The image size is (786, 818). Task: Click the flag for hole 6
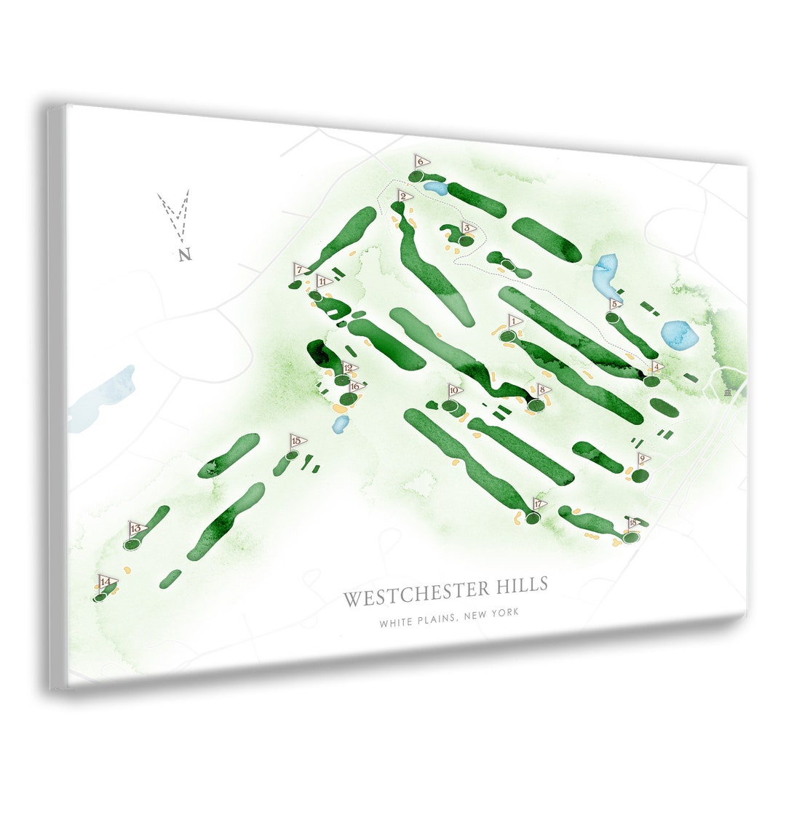pyautogui.click(x=421, y=161)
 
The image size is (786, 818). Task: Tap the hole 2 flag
pyautogui.click(x=404, y=196)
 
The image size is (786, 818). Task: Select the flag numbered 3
pyautogui.click(x=468, y=228)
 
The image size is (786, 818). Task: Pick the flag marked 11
pyautogui.click(x=322, y=282)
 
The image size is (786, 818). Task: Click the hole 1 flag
pyautogui.click(x=515, y=321)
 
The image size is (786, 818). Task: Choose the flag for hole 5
pyautogui.click(x=616, y=304)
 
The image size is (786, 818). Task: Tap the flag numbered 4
pyautogui.click(x=657, y=367)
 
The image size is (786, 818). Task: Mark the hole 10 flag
pyautogui.click(x=455, y=391)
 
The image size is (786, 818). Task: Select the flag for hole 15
pyautogui.click(x=297, y=441)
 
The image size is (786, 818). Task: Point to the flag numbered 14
pyautogui.click(x=106, y=581)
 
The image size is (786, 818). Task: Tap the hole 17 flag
pyautogui.click(x=539, y=504)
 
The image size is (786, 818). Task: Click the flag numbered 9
pyautogui.click(x=643, y=459)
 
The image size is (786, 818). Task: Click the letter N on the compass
pyautogui.click(x=185, y=255)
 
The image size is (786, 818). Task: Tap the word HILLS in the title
pyautogui.click(x=519, y=585)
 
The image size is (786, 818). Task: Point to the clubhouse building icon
pyautogui.click(x=729, y=393)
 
